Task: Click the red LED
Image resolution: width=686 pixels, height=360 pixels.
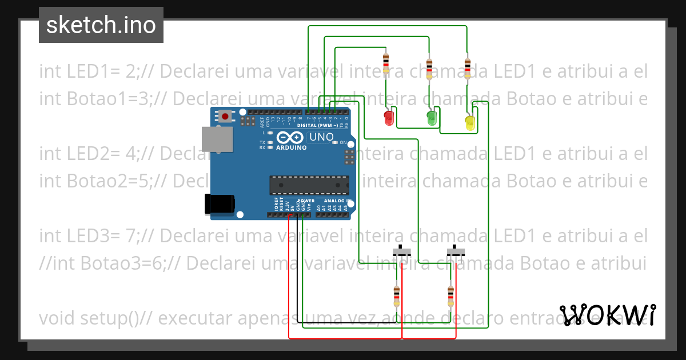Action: [x=389, y=118]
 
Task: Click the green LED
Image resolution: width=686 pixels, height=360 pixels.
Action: [x=432, y=118]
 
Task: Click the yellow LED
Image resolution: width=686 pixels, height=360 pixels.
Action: [x=470, y=123]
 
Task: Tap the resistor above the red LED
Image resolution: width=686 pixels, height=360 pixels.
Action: [x=386, y=62]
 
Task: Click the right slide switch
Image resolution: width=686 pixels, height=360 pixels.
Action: [x=455, y=251]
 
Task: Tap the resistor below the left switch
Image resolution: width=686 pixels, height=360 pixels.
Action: [x=397, y=296]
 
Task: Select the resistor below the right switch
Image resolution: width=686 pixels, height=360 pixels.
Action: [x=450, y=296]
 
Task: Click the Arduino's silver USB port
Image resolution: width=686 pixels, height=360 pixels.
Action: [x=217, y=139]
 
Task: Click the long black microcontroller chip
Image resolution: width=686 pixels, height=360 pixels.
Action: [x=309, y=185]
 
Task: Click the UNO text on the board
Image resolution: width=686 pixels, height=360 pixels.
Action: [x=321, y=137]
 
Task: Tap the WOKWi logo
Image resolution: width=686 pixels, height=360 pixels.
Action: [x=608, y=315]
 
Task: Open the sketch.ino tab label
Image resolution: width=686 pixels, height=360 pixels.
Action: [x=101, y=25]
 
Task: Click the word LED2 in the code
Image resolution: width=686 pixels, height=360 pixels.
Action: [x=85, y=154]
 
